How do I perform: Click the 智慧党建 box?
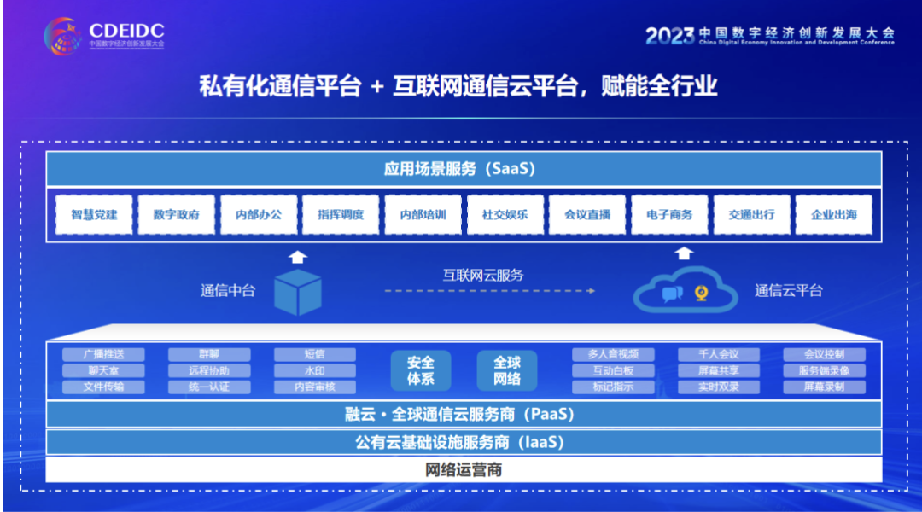94,215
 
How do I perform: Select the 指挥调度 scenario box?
341,215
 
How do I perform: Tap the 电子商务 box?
669,215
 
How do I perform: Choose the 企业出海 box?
833,215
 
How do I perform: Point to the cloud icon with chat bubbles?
686,290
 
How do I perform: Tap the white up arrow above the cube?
297,255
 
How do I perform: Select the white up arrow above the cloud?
685,253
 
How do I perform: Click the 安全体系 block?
421,370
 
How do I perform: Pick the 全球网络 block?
507,370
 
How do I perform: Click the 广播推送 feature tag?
104,354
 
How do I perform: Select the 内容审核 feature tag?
315,387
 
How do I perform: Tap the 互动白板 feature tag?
613,370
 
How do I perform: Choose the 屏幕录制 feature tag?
825,387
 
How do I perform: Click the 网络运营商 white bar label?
464,470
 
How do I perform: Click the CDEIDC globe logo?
64,34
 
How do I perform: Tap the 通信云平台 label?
788,290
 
